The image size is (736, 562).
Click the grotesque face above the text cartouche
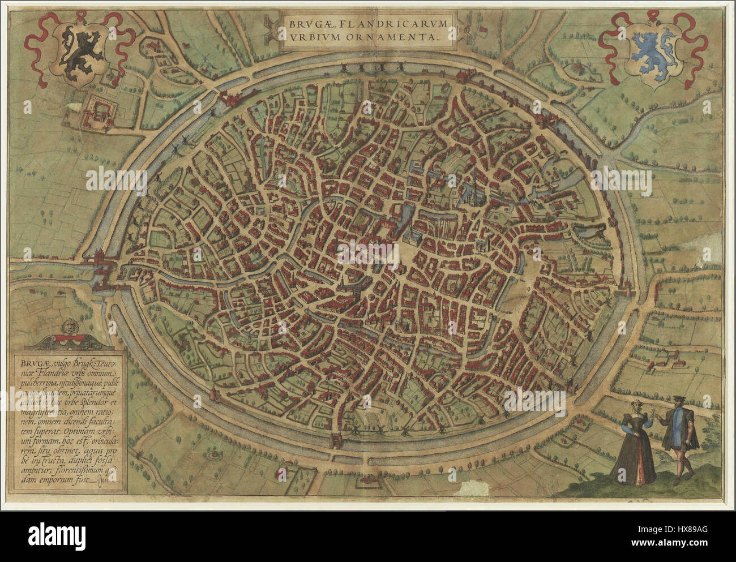point(70,327)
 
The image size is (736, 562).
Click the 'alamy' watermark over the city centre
point(368,249)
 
